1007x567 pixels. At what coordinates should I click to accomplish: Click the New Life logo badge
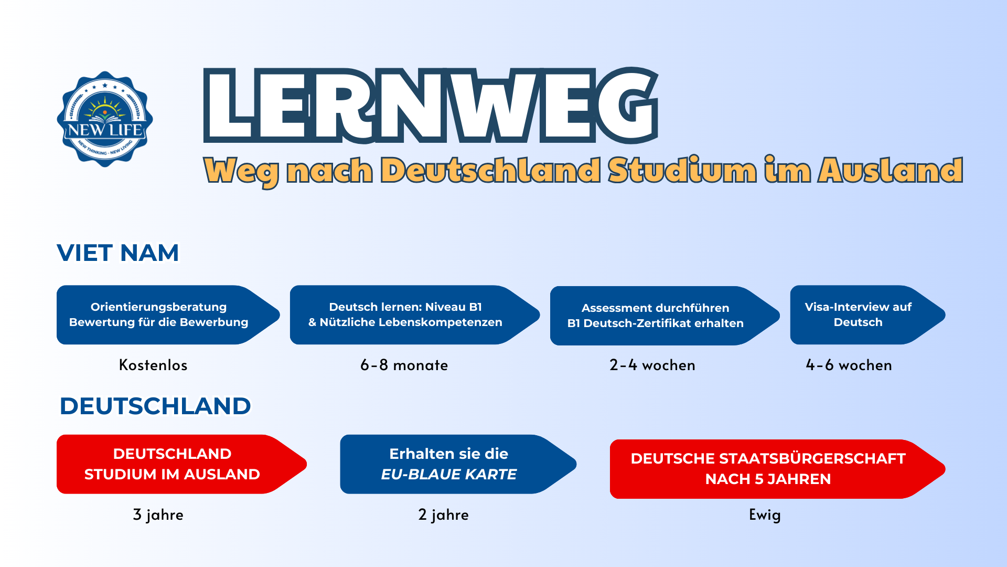[x=105, y=119]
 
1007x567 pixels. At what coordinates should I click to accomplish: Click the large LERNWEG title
[x=431, y=106]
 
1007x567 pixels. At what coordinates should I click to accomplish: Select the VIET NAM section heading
[x=118, y=253]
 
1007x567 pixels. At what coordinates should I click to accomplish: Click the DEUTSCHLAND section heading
[x=155, y=406]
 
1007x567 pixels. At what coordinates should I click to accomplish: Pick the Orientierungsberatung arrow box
[x=168, y=315]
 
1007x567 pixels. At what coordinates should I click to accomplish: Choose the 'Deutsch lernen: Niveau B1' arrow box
[x=415, y=315]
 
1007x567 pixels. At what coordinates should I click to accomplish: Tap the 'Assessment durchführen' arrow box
[x=665, y=316]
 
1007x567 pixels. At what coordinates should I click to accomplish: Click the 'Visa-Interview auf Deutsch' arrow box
[x=868, y=315]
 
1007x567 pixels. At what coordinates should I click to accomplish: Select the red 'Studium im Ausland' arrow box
[x=181, y=464]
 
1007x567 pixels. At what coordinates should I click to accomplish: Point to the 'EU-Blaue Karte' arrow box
[x=458, y=464]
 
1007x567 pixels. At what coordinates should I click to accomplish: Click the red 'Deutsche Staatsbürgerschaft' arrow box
[x=778, y=469]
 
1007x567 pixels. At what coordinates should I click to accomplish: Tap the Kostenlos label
[x=153, y=365]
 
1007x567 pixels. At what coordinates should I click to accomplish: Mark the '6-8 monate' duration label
[x=404, y=365]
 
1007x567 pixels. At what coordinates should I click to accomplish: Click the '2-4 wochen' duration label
[x=652, y=365]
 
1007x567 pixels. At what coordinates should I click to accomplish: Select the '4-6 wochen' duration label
[x=849, y=365]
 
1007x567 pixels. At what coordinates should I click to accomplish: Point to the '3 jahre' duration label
[x=158, y=514]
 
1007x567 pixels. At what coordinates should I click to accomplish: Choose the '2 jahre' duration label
[x=443, y=514]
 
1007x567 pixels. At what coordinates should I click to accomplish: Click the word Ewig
[x=765, y=514]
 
